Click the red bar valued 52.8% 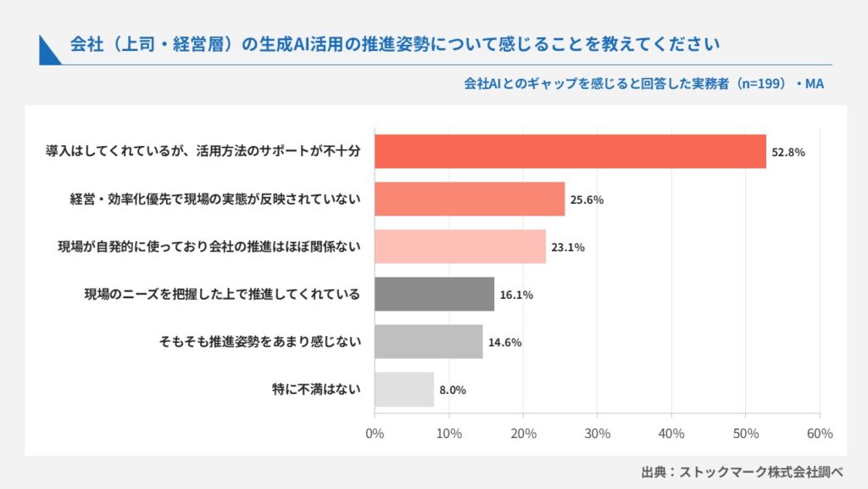click(570, 151)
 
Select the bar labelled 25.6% click(470, 199)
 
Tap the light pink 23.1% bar click(460, 247)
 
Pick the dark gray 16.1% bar click(434, 294)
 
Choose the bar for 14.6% click(428, 341)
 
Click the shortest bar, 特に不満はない click(404, 389)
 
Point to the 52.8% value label click(788, 153)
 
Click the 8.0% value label click(453, 391)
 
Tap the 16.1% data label click(516, 295)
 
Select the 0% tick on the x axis click(375, 434)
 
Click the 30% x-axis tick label click(598, 434)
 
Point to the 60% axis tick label click(820, 434)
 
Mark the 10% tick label click(449, 434)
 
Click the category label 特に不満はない click(316, 389)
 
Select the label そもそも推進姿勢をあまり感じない click(259, 341)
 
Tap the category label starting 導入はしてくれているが click(203, 151)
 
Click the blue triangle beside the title click(47, 53)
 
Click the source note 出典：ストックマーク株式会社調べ click(742, 472)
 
